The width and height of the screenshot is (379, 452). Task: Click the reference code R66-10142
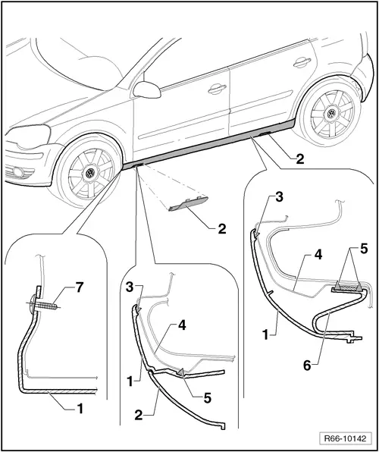(345, 438)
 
